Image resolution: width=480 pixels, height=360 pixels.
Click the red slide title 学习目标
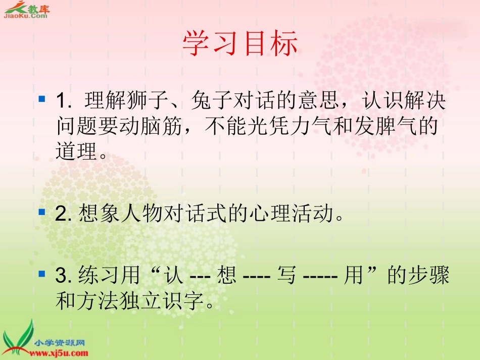pos(239,44)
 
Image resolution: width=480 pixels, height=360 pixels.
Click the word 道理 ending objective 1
pos(75,150)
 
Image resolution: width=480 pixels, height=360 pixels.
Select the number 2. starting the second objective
pos(64,215)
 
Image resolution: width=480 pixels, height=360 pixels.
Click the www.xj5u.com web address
pos(60,353)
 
